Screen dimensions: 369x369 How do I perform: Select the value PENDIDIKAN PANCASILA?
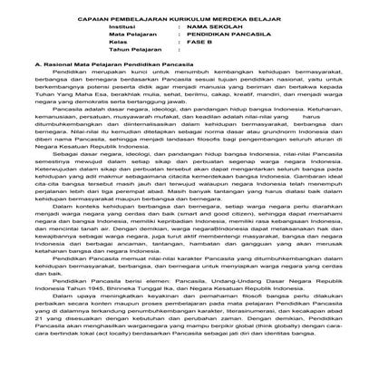pos(228,38)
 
